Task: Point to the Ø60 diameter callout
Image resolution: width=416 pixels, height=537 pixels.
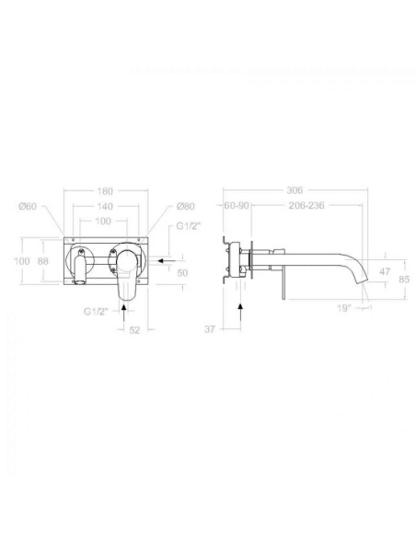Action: (29, 208)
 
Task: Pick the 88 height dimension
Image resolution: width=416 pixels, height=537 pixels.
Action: (42, 261)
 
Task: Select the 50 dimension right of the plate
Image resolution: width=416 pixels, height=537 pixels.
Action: (182, 273)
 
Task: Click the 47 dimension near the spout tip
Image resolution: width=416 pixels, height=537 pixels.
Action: (386, 273)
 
